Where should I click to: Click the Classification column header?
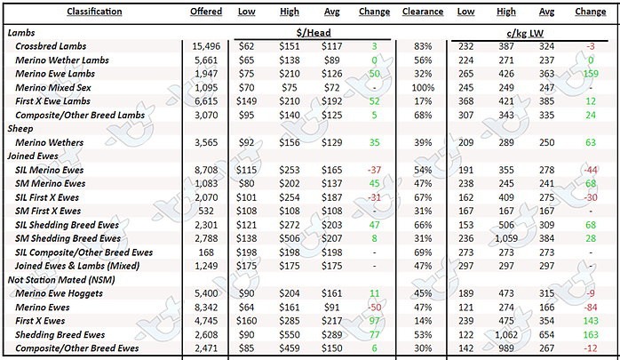[x=94, y=12]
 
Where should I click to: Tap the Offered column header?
[x=206, y=12]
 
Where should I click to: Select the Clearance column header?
[x=423, y=12]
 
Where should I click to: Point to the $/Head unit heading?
[x=314, y=32]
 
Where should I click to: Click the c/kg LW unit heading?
[x=525, y=33]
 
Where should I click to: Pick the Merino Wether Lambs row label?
[x=62, y=60]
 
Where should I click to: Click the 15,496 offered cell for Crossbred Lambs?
[x=206, y=46]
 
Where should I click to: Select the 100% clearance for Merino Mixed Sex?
[x=423, y=88]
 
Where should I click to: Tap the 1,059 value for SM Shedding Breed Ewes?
[x=506, y=238]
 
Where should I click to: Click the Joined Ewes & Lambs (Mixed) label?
[x=77, y=266]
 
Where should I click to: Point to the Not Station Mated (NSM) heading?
[x=61, y=280]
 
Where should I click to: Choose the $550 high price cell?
[x=290, y=335]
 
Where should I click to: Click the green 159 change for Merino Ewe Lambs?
[x=591, y=74]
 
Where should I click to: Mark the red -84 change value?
[x=591, y=308]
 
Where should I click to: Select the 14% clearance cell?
[x=423, y=321]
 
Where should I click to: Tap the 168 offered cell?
[x=206, y=252]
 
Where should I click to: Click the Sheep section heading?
[x=20, y=129]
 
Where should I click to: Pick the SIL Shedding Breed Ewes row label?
[x=67, y=225]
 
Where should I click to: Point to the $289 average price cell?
[x=331, y=335]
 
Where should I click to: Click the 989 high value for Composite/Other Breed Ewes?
[x=506, y=348]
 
